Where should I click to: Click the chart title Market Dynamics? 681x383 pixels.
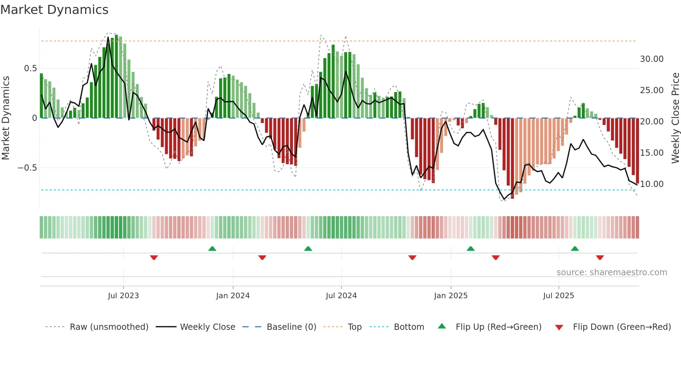tap(54, 10)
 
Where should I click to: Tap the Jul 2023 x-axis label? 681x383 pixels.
tap(123, 296)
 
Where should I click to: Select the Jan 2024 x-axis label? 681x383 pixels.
tap(233, 296)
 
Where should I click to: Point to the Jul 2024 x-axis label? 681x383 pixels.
tap(341, 296)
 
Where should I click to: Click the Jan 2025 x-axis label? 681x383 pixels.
tap(451, 296)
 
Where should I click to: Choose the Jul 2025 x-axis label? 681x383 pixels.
tap(559, 296)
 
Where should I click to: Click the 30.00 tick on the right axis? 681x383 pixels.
tap(651, 59)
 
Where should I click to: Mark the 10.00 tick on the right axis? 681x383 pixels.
tap(651, 184)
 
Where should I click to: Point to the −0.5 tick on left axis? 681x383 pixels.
tap(27, 168)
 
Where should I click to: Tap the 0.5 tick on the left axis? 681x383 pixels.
tap(30, 68)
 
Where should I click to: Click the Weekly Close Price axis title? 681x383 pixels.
tap(675, 118)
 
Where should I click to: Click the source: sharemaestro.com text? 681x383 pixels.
tap(612, 272)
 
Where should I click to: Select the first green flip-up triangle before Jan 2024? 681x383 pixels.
tap(212, 248)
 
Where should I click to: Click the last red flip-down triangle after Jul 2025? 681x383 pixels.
tap(600, 258)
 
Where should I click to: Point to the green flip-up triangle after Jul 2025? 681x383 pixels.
tap(575, 248)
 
